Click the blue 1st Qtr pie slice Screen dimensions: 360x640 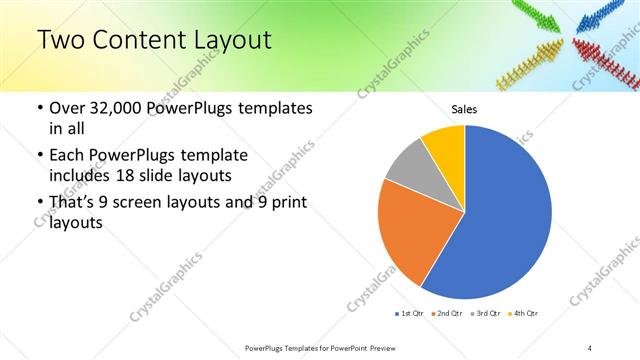click(500, 210)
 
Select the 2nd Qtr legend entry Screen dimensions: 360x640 click(447, 314)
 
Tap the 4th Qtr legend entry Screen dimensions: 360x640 click(524, 314)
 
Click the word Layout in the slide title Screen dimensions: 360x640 click(224, 40)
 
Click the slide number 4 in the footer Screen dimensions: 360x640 click(590, 347)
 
